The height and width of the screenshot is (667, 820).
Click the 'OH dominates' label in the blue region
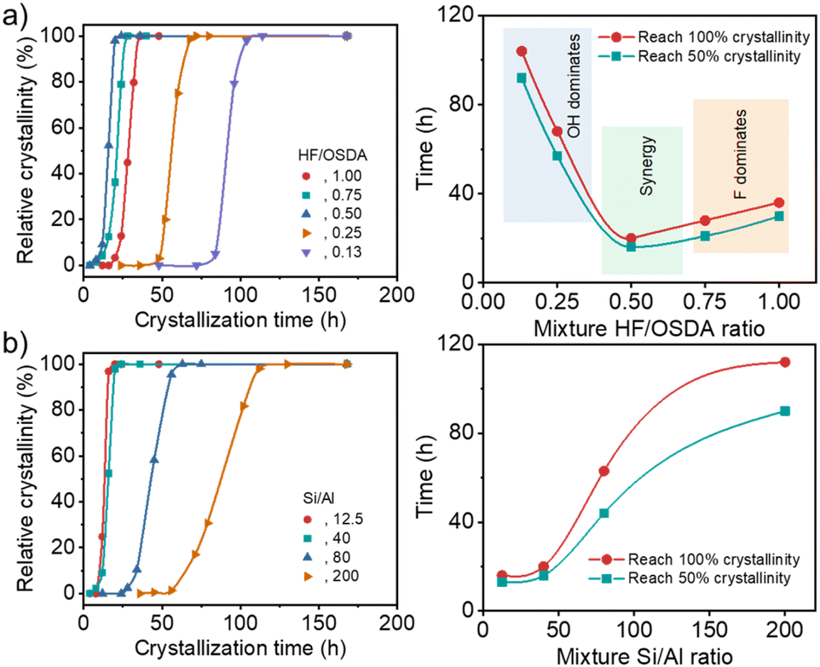click(575, 84)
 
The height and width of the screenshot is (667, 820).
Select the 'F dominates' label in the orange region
click(742, 154)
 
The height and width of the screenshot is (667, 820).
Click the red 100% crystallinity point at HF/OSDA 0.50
click(631, 238)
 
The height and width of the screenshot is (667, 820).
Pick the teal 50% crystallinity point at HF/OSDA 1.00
click(779, 216)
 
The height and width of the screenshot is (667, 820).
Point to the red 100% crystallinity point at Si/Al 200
click(784, 362)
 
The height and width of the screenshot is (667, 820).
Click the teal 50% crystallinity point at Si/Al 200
click(784, 411)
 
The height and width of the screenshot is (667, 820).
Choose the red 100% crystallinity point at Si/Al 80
click(603, 471)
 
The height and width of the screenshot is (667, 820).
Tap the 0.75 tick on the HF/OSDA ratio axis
click(705, 304)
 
